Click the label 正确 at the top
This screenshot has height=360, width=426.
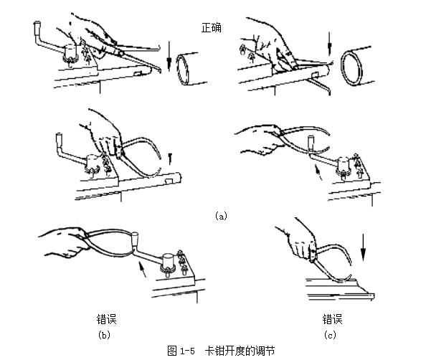[x=212, y=28]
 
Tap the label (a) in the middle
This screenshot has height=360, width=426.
[x=221, y=216]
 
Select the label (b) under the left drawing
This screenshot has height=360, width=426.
[x=104, y=334]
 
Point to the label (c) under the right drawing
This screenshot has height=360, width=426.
[x=330, y=334]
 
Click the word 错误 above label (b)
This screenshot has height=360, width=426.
[x=106, y=319]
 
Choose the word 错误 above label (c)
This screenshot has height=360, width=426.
[x=332, y=319]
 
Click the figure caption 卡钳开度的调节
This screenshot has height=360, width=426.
[x=240, y=351]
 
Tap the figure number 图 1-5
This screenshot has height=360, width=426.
[x=181, y=351]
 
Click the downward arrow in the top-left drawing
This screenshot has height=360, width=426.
[x=169, y=56]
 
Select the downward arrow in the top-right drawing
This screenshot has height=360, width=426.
[x=330, y=44]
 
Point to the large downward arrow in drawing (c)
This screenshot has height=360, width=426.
[x=363, y=247]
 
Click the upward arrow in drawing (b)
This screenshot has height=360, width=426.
[x=141, y=269]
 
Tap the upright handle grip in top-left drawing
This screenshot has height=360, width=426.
[x=37, y=29]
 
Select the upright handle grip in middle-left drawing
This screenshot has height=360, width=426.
[x=60, y=139]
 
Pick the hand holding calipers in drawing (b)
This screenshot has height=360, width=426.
[x=64, y=242]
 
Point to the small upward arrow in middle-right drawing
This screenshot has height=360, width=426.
[x=318, y=171]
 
